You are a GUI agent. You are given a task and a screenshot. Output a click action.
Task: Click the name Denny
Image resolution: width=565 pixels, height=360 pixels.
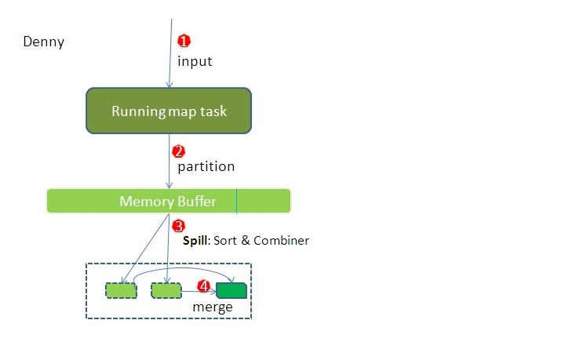coord(43,42)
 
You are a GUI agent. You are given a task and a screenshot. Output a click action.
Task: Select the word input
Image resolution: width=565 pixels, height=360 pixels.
coord(194,61)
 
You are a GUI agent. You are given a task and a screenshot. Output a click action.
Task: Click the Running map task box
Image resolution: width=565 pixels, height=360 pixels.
coord(169,111)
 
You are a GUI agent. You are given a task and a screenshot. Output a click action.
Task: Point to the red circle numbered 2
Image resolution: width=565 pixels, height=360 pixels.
coord(178,151)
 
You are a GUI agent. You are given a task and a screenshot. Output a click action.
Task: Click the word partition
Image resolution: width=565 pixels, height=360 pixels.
coord(206,166)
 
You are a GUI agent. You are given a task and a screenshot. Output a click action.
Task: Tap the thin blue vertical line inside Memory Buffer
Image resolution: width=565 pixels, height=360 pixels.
coord(236,201)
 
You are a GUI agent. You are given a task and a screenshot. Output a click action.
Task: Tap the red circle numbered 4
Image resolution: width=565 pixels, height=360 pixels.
coord(203,286)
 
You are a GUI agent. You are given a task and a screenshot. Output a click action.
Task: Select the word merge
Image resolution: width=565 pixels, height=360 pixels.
coord(213,307)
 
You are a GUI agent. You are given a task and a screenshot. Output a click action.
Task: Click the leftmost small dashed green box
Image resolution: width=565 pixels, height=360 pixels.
coord(121,291)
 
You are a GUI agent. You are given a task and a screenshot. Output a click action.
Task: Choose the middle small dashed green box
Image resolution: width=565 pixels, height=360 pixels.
coord(166,291)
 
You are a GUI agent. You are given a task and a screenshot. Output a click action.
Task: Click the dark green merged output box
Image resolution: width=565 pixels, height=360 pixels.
coord(231,291)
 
